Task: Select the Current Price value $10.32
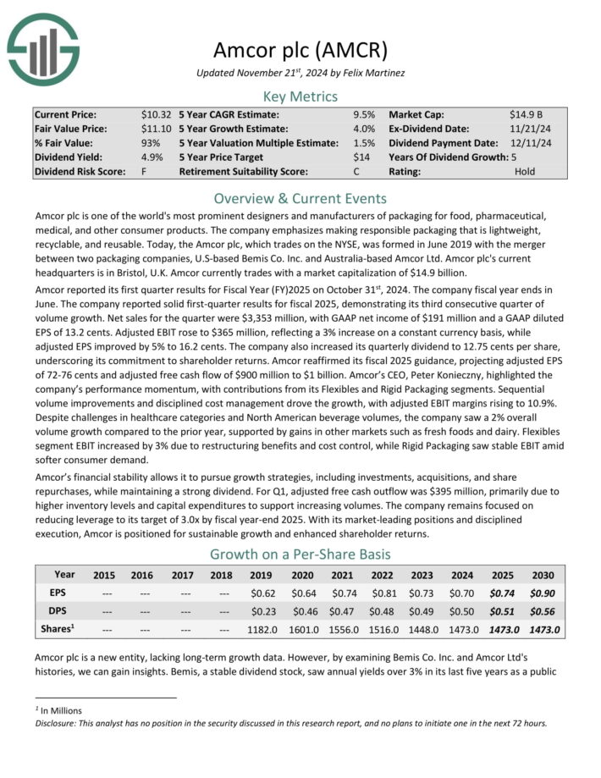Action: point(157,113)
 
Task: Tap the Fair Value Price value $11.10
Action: point(157,128)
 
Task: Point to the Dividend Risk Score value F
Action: point(145,171)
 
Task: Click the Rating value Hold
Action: point(526,171)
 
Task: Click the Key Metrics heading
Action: point(300,96)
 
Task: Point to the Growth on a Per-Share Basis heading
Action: point(300,555)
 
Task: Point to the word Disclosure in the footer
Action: point(58,723)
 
